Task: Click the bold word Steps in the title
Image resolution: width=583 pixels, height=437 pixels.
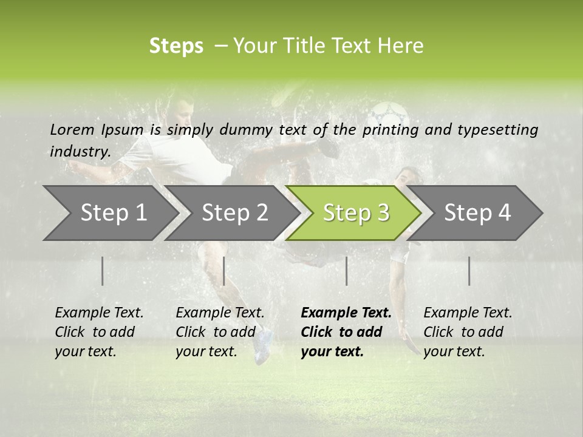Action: click(x=176, y=46)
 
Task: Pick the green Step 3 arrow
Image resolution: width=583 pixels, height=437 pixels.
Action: click(x=356, y=213)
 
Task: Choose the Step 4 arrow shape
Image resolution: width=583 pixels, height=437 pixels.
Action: click(x=477, y=213)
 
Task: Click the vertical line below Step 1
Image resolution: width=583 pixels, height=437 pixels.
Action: click(x=103, y=271)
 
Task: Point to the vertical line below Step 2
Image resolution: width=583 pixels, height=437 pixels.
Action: click(x=224, y=271)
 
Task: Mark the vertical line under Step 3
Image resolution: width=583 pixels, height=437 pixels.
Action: click(x=346, y=271)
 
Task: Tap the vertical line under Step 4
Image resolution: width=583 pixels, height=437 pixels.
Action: click(x=469, y=271)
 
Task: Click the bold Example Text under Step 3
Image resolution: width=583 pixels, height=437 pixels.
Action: click(x=346, y=313)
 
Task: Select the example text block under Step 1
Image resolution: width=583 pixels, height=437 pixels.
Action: click(x=99, y=332)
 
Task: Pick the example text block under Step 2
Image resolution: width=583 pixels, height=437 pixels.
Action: click(x=220, y=332)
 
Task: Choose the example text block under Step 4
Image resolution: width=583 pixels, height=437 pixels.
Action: click(x=468, y=332)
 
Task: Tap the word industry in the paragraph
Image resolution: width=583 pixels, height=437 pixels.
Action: click(x=80, y=152)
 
